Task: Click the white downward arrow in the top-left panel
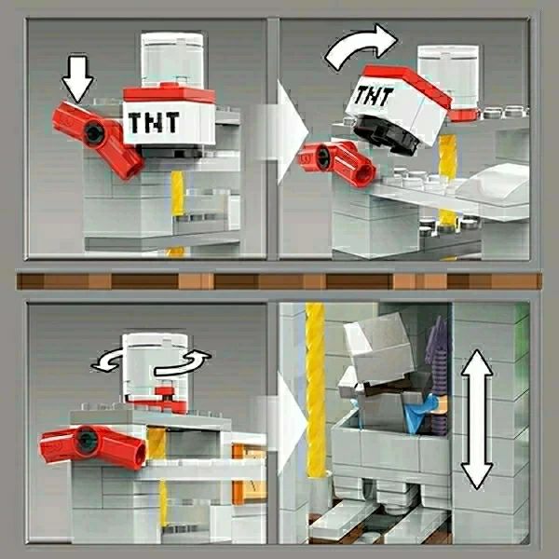tap(77, 77)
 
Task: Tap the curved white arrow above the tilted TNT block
tap(359, 46)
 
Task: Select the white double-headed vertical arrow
tap(477, 419)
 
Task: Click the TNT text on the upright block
tap(154, 122)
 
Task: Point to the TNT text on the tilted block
tap(373, 96)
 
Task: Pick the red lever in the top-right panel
tap(336, 162)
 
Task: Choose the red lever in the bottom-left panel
tap(92, 445)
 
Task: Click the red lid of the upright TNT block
tap(169, 93)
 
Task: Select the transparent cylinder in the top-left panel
tap(172, 60)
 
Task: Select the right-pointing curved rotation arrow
tap(184, 363)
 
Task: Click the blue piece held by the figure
tap(422, 414)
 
